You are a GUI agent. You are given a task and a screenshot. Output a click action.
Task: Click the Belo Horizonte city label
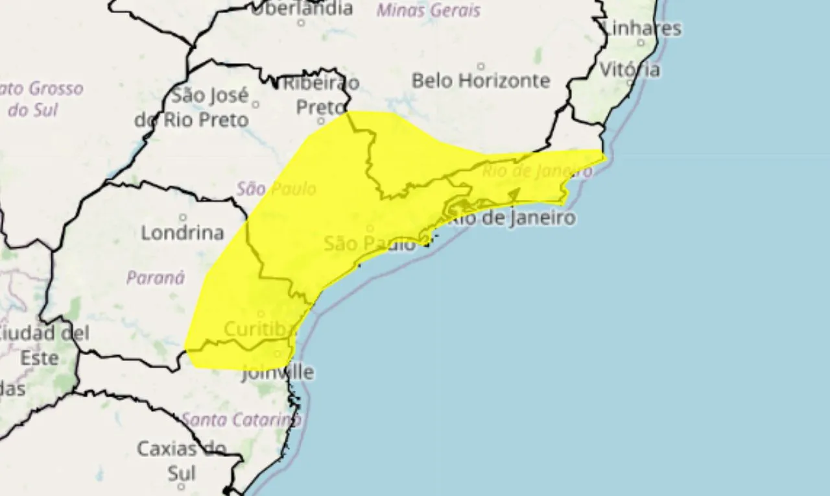(480, 81)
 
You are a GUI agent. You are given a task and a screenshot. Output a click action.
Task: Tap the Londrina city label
(182, 232)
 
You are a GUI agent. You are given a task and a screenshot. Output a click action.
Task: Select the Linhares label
(642, 29)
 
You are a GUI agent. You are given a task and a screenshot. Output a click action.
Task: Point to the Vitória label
(630, 69)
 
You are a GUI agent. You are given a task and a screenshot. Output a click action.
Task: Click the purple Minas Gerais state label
(429, 10)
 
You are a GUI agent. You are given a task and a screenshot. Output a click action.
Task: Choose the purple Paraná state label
(156, 278)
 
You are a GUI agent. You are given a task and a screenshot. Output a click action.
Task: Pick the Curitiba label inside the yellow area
(255, 329)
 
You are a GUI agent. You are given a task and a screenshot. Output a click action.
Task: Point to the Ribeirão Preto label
(324, 95)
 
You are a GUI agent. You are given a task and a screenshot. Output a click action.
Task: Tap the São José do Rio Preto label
(192, 108)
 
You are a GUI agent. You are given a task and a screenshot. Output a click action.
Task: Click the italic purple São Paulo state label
(276, 189)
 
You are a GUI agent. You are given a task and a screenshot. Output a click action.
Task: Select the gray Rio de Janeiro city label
(512, 217)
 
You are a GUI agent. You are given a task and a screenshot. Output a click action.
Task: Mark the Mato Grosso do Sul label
(39, 99)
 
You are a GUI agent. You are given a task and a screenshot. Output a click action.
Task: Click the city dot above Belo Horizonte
(480, 66)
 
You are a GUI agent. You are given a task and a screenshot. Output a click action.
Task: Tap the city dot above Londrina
(183, 217)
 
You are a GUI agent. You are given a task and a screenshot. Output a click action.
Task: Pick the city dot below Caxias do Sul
(181, 486)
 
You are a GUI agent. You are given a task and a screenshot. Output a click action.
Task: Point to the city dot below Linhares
(641, 43)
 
